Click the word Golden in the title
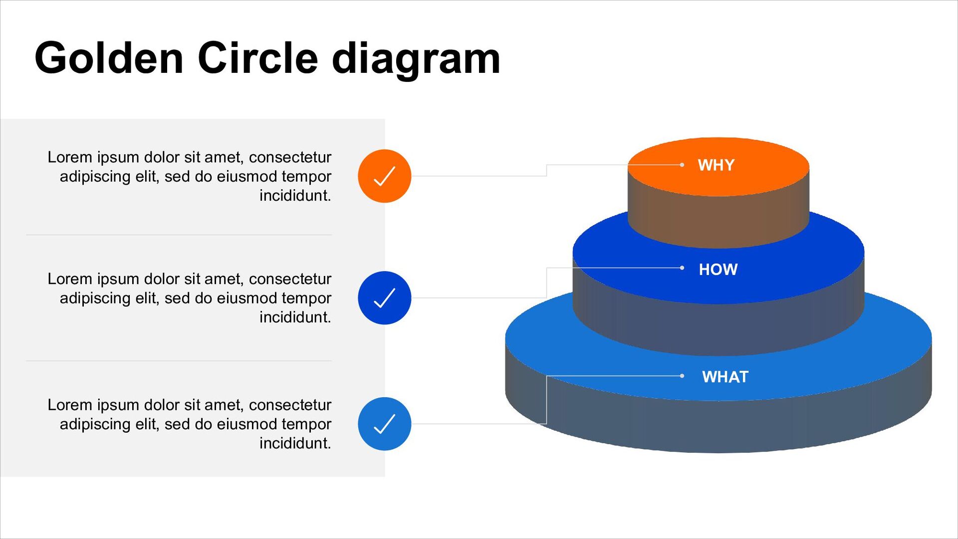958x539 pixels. pos(109,58)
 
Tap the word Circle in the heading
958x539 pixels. pos(257,58)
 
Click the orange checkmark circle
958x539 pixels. pos(384,176)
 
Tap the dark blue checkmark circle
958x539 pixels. pos(384,298)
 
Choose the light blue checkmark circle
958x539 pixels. pos(384,424)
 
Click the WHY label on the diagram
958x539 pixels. pos(716,165)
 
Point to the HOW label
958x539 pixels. pos(718,269)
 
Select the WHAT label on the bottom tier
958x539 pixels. pos(724,377)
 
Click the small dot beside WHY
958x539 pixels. pos(682,165)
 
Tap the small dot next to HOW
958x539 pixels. pos(682,268)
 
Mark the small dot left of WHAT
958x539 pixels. pos(682,376)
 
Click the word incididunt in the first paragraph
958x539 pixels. pos(295,196)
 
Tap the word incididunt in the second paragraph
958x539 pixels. pos(295,317)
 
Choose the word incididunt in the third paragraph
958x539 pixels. pos(295,443)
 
